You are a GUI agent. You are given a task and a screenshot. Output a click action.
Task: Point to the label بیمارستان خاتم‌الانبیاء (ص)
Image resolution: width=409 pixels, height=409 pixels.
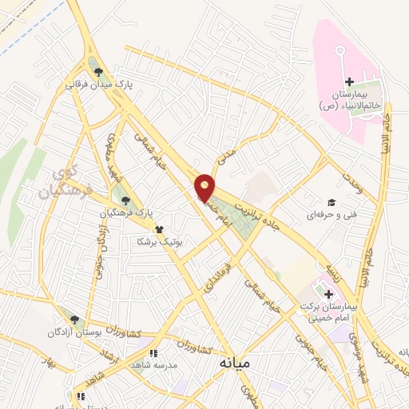348,100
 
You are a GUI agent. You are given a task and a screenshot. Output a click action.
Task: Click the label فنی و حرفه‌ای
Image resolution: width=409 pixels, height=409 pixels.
330,216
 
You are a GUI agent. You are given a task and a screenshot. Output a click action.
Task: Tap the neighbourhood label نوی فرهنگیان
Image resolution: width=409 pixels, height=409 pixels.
66,183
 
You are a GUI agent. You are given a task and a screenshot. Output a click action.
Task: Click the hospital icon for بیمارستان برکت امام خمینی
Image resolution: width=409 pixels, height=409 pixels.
328,294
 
